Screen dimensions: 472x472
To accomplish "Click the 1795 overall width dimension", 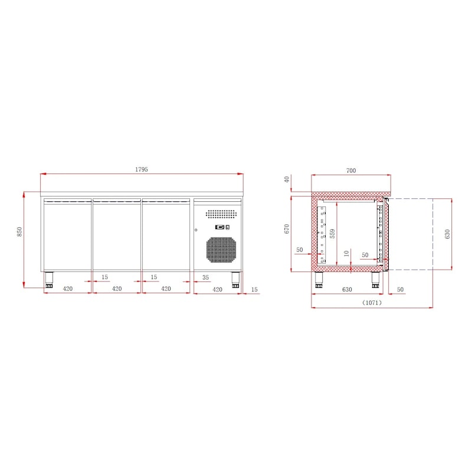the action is coord(142,169).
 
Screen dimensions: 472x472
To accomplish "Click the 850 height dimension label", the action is coord(19,231).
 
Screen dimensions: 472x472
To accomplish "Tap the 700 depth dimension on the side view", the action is coord(351,171).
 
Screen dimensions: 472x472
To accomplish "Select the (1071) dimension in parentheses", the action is coord(372,303).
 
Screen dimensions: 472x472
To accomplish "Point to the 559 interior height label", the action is coord(332,234).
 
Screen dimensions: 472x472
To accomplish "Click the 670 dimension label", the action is coord(287,229).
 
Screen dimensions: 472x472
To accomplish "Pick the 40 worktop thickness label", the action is coord(287,179).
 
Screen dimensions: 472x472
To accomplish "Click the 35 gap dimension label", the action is coord(205,277).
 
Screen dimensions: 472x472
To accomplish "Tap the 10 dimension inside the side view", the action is coord(346,254).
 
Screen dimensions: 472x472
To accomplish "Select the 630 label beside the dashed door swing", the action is coord(447,234).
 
